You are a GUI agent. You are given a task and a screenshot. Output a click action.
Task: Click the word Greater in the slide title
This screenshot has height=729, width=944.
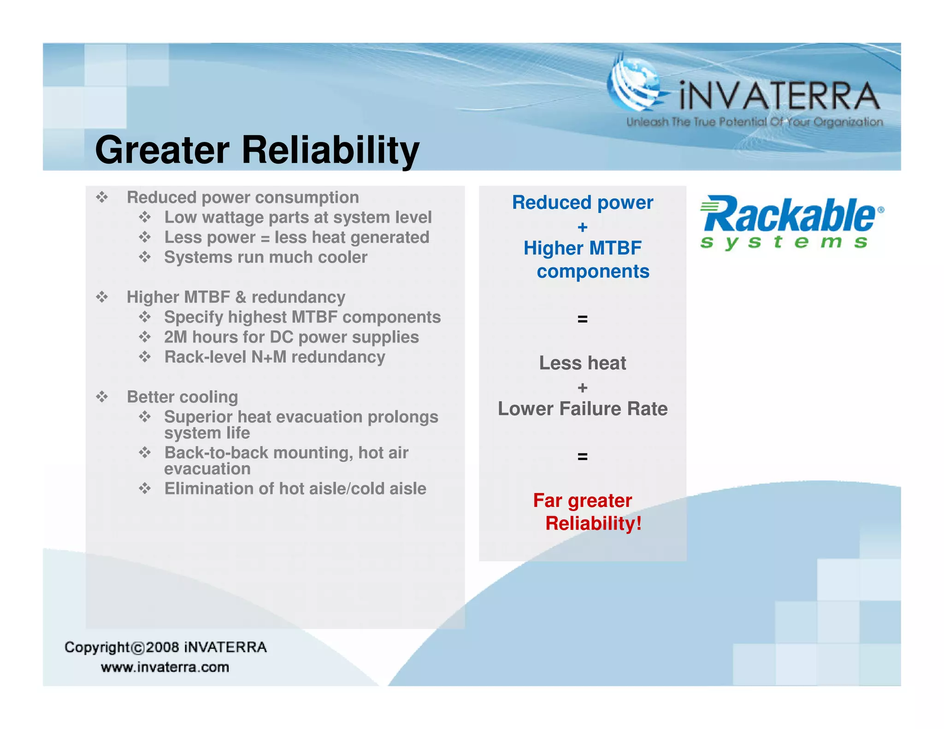point(162,150)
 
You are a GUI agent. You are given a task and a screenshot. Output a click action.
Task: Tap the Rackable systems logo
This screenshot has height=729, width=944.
point(791,222)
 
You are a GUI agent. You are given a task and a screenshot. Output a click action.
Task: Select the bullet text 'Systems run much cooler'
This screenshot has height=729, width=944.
point(265,257)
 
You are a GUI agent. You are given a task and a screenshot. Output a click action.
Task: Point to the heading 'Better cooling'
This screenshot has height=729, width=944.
point(182,397)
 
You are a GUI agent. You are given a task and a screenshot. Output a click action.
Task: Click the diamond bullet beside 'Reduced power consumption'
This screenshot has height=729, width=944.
point(102,198)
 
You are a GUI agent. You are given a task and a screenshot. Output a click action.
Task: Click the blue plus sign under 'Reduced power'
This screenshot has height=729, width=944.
point(582,227)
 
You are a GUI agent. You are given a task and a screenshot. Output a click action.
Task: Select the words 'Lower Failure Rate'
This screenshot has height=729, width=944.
point(582,409)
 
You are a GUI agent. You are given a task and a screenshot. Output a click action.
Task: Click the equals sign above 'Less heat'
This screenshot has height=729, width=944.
point(582,318)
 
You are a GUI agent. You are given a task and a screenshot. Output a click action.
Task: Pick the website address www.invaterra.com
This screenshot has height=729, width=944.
point(165,667)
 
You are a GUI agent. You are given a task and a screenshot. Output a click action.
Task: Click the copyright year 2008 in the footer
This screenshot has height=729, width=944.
point(162,647)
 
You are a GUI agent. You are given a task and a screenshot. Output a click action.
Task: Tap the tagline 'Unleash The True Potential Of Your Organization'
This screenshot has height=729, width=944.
point(754,122)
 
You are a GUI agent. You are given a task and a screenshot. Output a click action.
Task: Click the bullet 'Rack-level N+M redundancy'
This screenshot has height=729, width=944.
point(275,357)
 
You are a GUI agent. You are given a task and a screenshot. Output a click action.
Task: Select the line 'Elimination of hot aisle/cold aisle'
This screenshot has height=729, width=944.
point(295,488)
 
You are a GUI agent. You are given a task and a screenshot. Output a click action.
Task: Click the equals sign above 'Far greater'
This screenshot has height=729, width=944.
point(582,456)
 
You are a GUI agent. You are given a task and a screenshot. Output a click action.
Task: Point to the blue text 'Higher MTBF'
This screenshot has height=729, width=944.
point(582,248)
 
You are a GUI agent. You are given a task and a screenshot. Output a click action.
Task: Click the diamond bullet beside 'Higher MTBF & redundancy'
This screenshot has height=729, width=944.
point(102,297)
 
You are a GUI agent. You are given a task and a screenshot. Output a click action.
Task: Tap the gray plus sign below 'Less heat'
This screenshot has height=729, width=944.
point(582,388)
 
